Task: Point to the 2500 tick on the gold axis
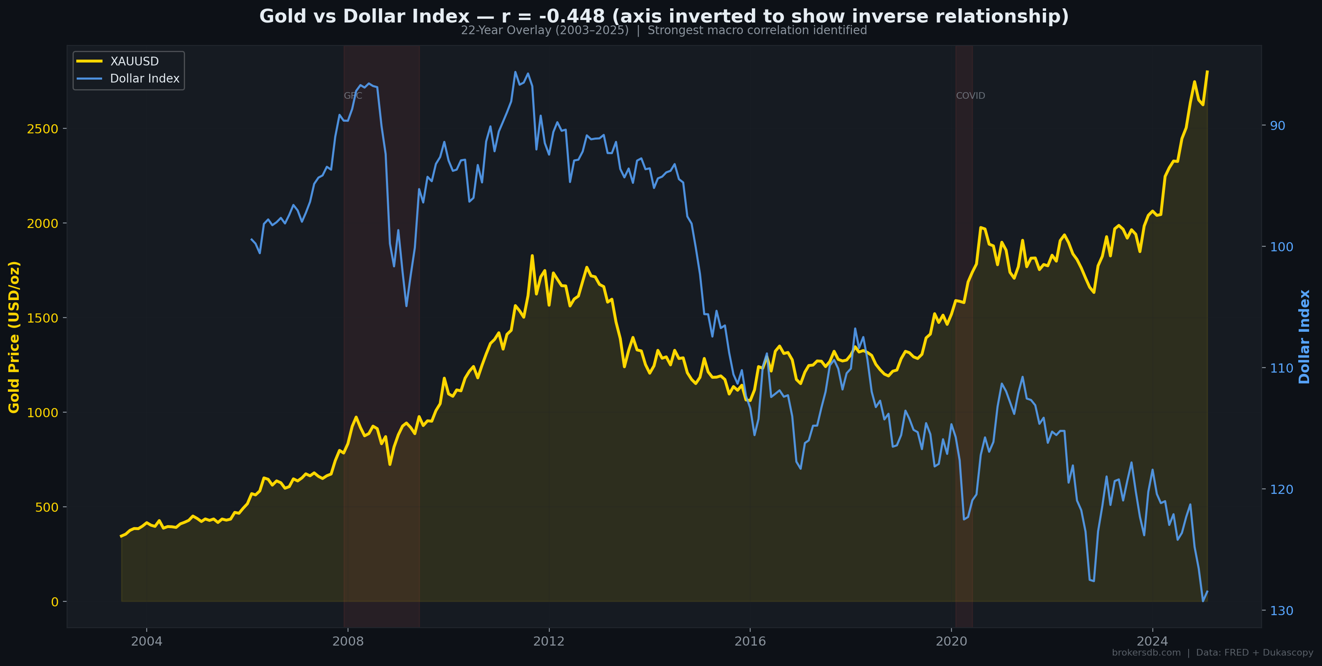(x=42, y=129)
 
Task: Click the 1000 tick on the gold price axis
(x=42, y=413)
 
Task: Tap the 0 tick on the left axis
(x=55, y=602)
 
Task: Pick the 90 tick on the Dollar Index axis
(x=1277, y=126)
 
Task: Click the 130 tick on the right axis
(x=1281, y=611)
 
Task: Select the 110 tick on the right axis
(x=1281, y=368)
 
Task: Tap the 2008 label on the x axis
(x=348, y=641)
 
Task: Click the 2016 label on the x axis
(x=750, y=641)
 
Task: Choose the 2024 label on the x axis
(x=1152, y=641)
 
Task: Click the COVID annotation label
(x=970, y=96)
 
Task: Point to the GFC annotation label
(x=353, y=96)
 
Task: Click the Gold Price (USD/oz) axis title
(x=14, y=337)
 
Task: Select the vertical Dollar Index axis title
(x=1304, y=337)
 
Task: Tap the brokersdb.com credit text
(x=1146, y=653)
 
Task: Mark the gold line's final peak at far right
(x=1207, y=71)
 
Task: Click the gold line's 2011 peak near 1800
(x=532, y=255)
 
